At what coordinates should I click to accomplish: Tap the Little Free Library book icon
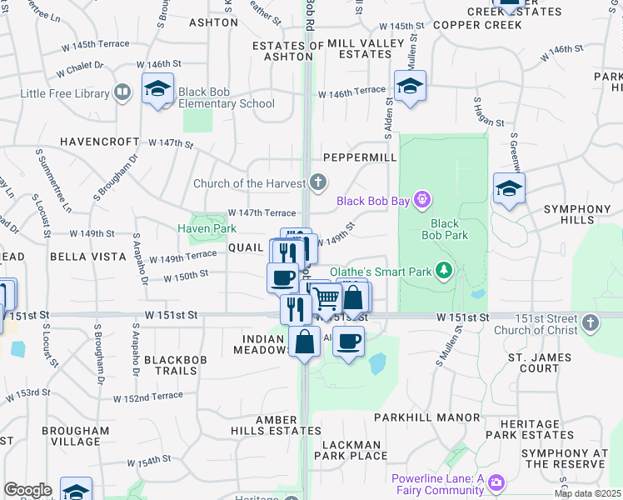[x=122, y=92]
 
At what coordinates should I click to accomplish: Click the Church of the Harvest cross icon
[x=317, y=182]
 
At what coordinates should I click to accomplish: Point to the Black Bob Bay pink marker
[x=422, y=199]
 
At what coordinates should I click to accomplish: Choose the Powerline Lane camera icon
[x=497, y=482]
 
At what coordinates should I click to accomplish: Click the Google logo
[x=27, y=490]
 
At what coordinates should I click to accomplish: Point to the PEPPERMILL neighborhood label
[x=359, y=157]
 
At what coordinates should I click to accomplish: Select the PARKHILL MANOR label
[x=426, y=417]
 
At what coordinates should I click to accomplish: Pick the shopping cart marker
[x=326, y=297]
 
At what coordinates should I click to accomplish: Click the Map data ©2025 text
[x=587, y=493]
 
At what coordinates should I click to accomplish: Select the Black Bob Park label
[x=445, y=229]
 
